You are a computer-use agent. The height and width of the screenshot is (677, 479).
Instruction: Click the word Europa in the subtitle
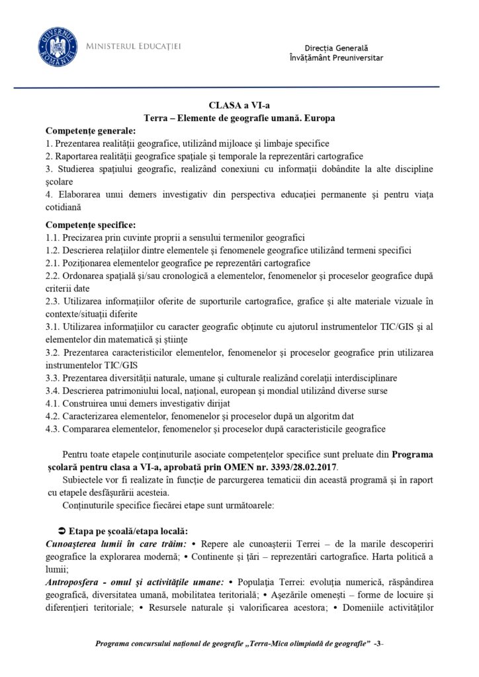[320, 118]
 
